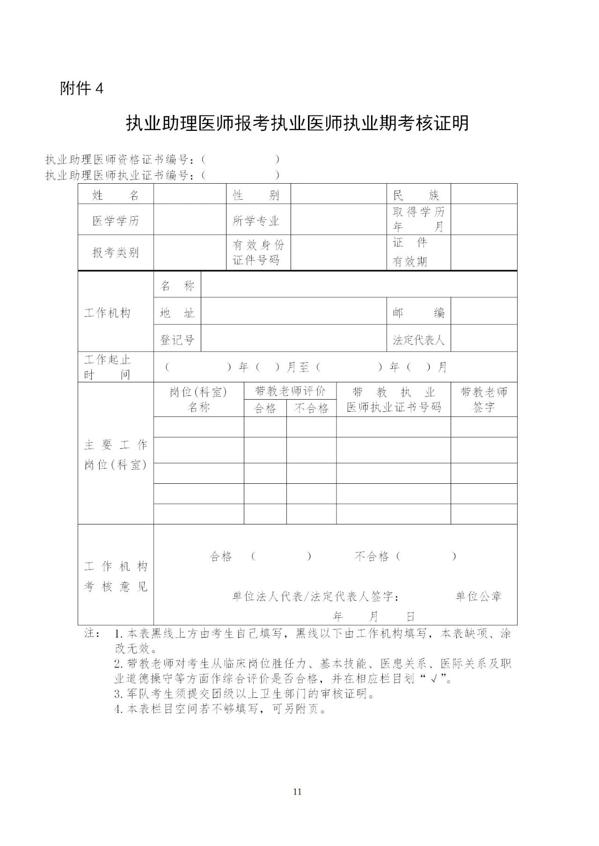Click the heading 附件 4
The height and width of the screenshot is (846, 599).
81,88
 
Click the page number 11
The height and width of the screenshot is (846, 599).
297,791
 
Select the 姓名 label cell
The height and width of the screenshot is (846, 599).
116,195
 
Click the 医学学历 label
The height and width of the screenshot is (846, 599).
116,221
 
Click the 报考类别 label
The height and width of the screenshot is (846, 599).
116,252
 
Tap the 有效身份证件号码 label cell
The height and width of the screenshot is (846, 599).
258,252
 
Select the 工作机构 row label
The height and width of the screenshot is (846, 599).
107,313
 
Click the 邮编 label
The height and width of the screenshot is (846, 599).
418,313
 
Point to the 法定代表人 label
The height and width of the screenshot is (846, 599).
418,340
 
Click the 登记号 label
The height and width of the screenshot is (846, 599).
177,340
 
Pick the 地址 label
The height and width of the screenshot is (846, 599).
177,313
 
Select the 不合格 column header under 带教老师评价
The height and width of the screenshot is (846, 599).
311,409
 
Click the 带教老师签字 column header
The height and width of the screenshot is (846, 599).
484,399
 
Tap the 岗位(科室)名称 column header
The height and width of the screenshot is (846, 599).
198,399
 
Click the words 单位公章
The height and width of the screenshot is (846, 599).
479,596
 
